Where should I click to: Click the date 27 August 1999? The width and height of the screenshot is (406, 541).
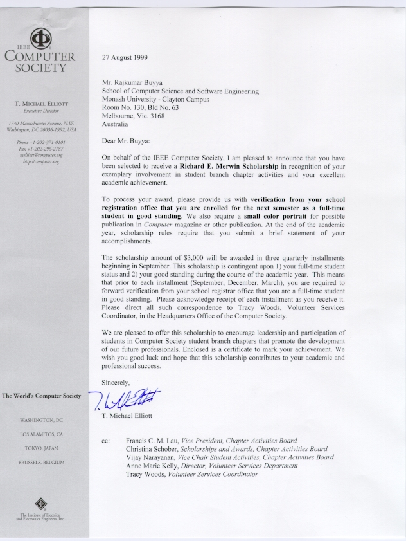point(125,57)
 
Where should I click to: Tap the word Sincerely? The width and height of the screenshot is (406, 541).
point(116,383)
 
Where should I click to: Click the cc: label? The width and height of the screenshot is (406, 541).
point(107,441)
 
